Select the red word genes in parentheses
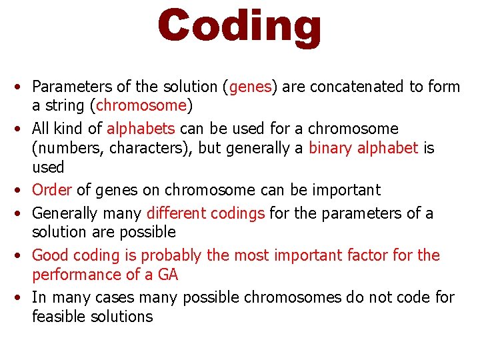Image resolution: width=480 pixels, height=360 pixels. [x=250, y=87]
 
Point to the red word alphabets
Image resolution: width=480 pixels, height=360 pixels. [x=141, y=128]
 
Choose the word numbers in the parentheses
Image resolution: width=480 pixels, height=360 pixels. [x=67, y=147]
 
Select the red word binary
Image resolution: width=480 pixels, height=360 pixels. [x=329, y=147]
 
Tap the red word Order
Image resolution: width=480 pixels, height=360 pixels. [x=51, y=190]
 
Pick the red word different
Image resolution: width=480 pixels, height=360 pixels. [x=176, y=213]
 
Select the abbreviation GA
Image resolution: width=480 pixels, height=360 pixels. [x=168, y=274]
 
